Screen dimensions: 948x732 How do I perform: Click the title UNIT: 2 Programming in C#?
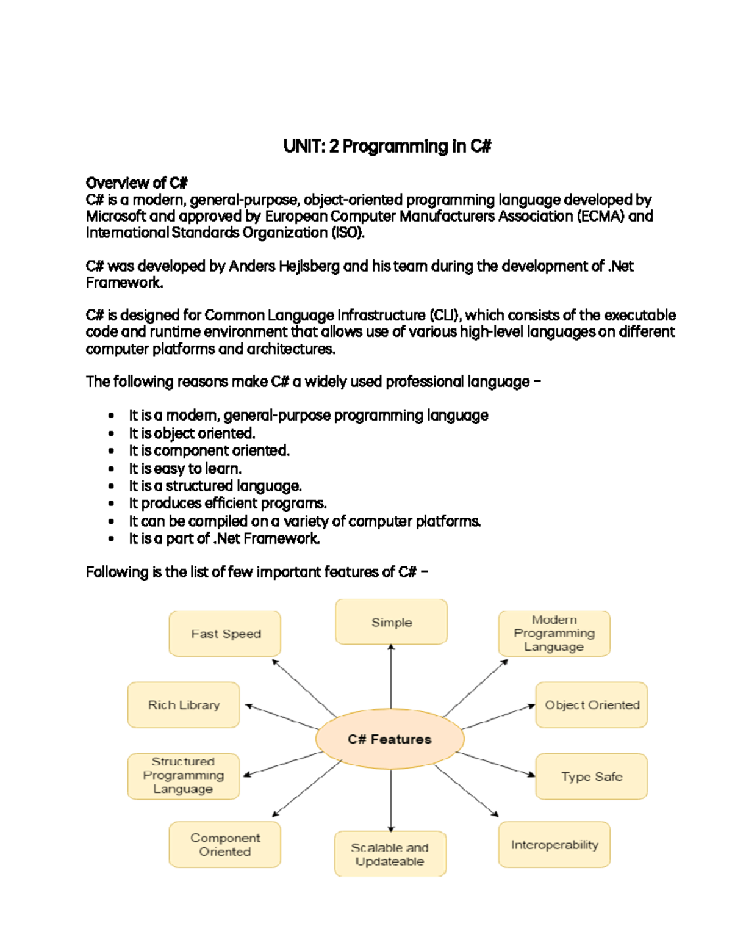point(387,147)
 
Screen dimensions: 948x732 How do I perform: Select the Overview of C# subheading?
point(137,183)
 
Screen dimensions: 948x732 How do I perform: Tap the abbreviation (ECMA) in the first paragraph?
point(601,216)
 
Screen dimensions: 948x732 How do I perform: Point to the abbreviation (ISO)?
point(348,233)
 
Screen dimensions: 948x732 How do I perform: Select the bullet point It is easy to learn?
point(185,468)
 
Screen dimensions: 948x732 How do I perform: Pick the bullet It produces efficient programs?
point(228,503)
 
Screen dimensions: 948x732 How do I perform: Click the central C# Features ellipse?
point(390,739)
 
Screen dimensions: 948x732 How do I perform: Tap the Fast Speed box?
point(225,634)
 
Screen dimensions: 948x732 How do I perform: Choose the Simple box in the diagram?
point(392,622)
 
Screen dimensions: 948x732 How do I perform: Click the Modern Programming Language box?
point(554,633)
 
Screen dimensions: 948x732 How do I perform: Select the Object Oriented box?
point(592,705)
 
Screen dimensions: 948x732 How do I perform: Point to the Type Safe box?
point(592,776)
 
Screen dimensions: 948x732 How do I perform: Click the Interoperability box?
point(554,845)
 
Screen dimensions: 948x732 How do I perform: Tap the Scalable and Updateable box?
point(390,854)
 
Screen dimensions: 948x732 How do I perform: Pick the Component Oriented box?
point(225,845)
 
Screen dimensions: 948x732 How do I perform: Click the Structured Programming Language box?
point(183,776)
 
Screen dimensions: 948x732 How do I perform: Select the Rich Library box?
point(183,705)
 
